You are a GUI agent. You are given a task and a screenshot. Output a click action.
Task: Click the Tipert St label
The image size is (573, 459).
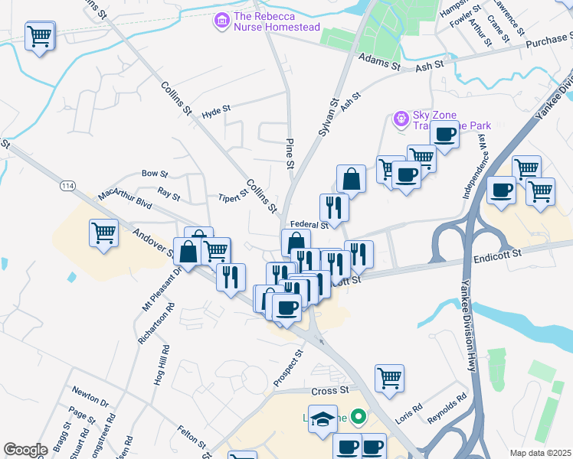pos(233,197)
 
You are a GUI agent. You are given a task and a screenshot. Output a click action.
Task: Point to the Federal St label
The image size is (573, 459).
pos(309,225)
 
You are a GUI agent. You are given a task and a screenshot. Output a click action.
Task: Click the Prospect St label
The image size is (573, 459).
pos(289,368)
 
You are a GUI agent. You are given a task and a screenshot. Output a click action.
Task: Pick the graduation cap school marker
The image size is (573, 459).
pos(323,419)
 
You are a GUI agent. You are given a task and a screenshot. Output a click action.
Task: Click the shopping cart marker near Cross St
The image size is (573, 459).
pos(390,377)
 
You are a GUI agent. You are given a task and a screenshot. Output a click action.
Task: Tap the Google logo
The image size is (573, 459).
pos(25,450)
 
